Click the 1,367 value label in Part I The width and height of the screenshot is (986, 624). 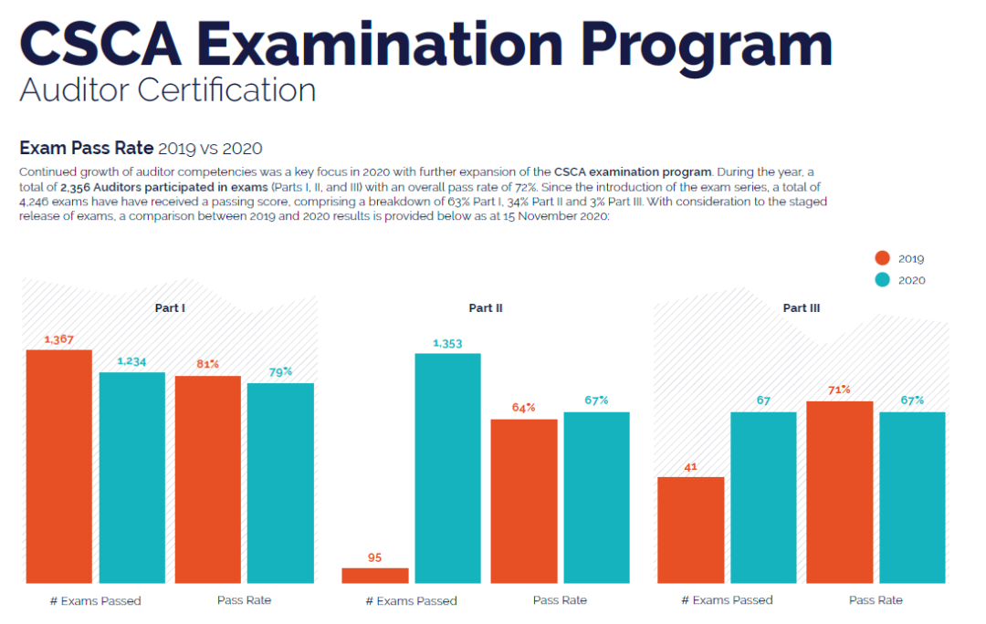[58, 339]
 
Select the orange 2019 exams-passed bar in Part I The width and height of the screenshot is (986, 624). [58, 466]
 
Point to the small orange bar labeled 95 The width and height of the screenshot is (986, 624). [375, 576]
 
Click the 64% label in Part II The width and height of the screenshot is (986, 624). [524, 408]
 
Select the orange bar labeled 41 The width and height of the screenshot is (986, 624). [691, 530]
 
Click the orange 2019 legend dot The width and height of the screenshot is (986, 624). [883, 258]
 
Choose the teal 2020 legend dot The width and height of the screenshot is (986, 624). [883, 280]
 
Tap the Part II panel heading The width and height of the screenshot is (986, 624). [486, 308]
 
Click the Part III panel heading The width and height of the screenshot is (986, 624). [802, 308]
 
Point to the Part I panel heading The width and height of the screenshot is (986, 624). [170, 308]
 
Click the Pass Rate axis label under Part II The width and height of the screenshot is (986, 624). [560, 600]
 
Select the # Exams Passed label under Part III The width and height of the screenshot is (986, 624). [727, 600]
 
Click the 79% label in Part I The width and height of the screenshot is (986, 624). [280, 371]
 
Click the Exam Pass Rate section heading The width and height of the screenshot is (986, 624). [86, 148]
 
